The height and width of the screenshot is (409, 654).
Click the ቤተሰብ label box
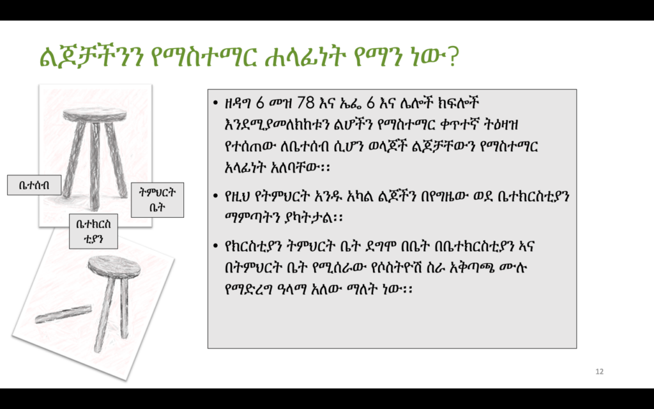pyautogui.click(x=34, y=185)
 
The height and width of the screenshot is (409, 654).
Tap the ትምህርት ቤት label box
pyautogui.click(x=157, y=200)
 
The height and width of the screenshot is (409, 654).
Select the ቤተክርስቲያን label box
pyautogui.click(x=93, y=231)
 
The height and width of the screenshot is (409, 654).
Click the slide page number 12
pyautogui.click(x=599, y=371)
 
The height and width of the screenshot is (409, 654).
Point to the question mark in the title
pyautogui.click(x=453, y=57)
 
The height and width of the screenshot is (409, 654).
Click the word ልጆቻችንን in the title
pyautogui.click(x=92, y=57)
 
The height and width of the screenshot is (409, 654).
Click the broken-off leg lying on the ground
pyautogui.click(x=63, y=314)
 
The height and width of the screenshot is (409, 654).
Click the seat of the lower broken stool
pyautogui.click(x=114, y=266)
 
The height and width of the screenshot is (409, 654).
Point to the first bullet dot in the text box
pyautogui.click(x=215, y=103)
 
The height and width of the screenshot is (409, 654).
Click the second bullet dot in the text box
pyautogui.click(x=215, y=196)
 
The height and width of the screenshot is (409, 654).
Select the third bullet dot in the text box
pyautogui.click(x=215, y=246)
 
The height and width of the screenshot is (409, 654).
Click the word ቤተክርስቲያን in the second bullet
pyautogui.click(x=533, y=196)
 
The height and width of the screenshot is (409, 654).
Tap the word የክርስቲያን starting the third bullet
pyautogui.click(x=254, y=246)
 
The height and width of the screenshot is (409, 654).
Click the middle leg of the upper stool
pyautogui.click(x=95, y=166)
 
